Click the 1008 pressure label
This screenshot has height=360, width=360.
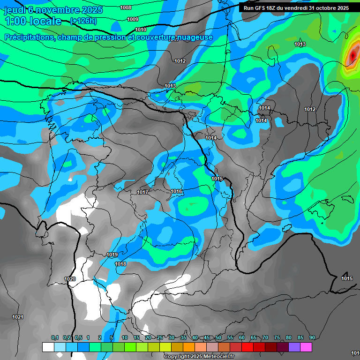coord(126,7)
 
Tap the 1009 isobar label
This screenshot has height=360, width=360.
coord(133,19)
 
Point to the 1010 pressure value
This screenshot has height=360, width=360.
coord(141,30)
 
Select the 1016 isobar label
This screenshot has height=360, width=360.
coord(176,191)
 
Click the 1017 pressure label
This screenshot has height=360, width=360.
coord(142,193)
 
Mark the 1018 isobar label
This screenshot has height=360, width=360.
coord(120,264)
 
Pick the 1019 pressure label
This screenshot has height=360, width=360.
coord(112,255)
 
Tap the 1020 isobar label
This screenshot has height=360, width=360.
coord(70,279)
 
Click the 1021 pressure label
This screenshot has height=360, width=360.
coord(18,317)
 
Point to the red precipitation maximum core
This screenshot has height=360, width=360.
coord(352,57)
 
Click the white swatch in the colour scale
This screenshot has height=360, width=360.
coord(48,347)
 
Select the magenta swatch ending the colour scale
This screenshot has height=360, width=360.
coord(306,347)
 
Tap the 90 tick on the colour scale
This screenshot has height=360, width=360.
coord(312,337)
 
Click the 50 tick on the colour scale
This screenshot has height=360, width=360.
coord(218,337)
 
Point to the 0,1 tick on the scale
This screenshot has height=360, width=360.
coord(55,337)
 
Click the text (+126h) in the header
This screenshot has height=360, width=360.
coord(83,21)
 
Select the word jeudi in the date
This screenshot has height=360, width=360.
coord(15,9)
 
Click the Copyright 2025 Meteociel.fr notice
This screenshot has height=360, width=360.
coord(199,356)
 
